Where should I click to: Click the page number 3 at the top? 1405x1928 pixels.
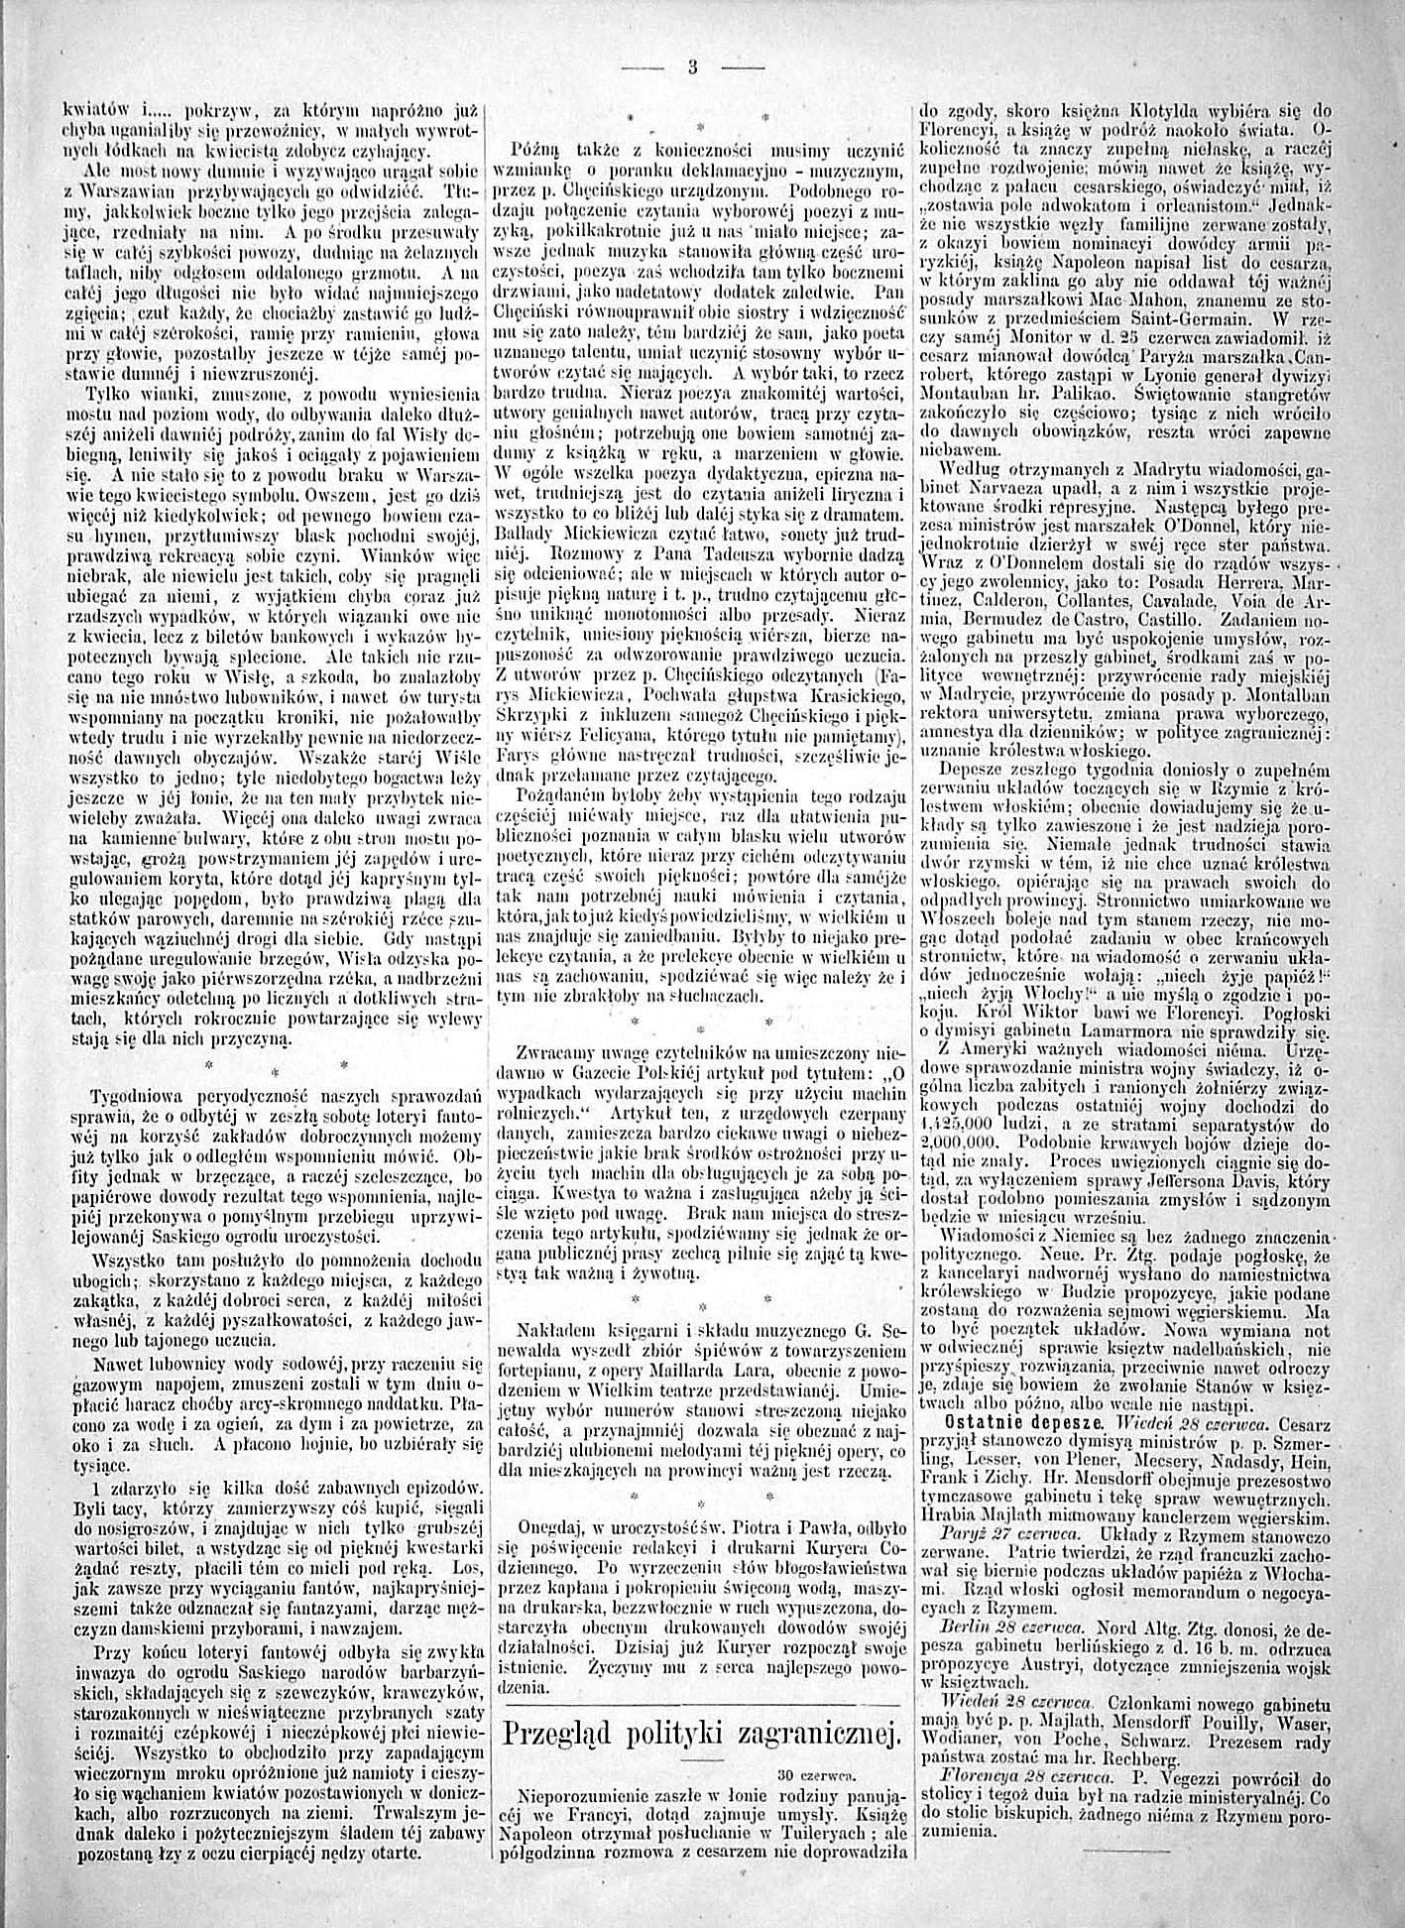(x=691, y=67)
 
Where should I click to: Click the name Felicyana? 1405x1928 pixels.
(x=624, y=740)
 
